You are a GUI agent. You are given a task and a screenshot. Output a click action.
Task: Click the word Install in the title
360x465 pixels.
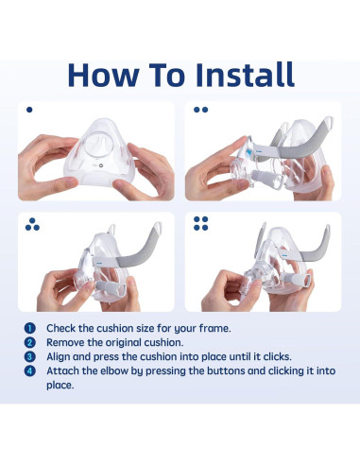245,75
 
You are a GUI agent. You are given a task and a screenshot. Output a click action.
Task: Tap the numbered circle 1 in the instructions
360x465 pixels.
29,328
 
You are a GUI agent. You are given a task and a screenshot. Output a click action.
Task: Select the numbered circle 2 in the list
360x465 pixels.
29,342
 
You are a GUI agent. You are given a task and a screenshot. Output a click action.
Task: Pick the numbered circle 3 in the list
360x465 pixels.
29,356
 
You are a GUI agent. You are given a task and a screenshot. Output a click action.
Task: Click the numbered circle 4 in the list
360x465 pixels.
29,370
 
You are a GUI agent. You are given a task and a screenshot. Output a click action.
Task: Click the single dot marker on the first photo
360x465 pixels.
29,110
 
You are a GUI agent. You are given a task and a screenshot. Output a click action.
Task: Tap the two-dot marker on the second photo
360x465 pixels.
201,110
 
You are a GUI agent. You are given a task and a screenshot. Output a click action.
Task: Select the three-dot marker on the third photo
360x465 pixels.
32,224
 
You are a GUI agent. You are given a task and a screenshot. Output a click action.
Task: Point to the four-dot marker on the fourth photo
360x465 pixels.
201,224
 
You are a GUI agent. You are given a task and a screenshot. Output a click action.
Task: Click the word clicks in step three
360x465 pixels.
278,356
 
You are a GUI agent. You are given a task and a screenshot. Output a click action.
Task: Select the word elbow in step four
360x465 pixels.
114,370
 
